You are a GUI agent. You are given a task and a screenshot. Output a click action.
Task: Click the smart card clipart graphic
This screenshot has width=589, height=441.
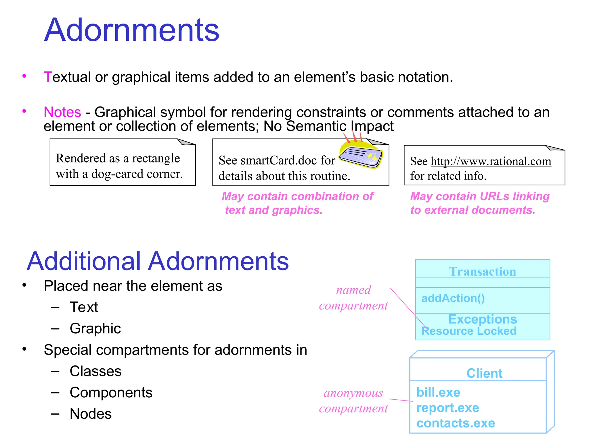pos(361,155)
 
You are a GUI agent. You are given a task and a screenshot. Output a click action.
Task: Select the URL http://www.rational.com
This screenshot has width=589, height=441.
pos(491,161)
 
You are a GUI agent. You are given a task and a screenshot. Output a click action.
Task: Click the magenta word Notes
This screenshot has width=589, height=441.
pos(62,112)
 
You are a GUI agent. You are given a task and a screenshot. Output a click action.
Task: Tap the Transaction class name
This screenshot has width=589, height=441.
pos(483,272)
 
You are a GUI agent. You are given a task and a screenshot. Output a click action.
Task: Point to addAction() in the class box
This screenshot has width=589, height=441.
pos(453,298)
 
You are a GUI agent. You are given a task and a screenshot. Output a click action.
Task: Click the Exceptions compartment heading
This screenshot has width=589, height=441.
pos(482,319)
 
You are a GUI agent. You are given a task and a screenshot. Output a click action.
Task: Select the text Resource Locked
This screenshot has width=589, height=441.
pos(469,331)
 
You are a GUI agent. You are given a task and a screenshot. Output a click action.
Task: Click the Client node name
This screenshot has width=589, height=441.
pos(484,373)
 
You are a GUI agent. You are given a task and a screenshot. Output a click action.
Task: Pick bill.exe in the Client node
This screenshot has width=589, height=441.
pos(438,392)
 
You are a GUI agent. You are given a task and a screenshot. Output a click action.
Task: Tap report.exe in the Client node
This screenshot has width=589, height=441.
pos(448,408)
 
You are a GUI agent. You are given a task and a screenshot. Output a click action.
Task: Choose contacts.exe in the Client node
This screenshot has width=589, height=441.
pos(456,423)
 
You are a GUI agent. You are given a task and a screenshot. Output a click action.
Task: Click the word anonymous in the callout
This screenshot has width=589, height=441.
pos(353,393)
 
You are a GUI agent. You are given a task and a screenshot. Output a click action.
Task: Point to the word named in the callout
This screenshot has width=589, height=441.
pos(353,290)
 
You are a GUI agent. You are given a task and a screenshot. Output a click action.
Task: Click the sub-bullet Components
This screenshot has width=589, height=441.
pos(111,392)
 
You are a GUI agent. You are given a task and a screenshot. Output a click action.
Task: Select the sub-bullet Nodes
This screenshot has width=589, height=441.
pos(91,414)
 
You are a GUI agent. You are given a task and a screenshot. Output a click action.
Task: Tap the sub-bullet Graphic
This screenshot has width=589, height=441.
pos(95,328)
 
